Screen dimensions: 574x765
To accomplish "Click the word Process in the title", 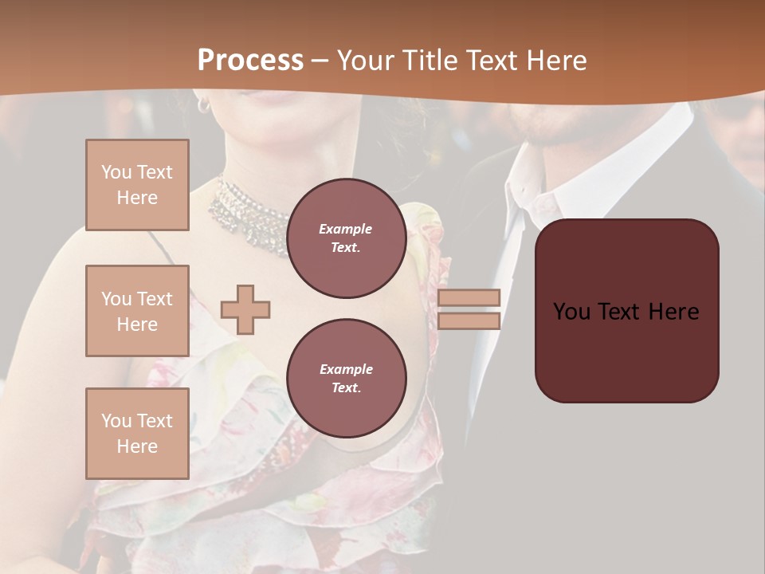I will [x=250, y=60].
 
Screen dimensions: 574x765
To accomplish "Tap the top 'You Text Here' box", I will [x=137, y=185].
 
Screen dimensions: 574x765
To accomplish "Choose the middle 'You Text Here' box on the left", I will [x=137, y=311].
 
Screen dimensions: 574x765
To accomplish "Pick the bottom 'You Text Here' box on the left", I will [x=137, y=433].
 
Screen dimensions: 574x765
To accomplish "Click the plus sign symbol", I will [x=245, y=309].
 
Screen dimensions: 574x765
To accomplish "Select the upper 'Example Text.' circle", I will [x=346, y=238].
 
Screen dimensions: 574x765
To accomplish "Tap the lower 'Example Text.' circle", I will [x=346, y=378].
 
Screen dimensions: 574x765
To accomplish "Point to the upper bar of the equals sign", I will [x=469, y=297].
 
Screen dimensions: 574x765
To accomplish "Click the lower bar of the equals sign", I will [x=469, y=320].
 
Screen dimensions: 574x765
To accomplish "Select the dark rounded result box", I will [x=626, y=310].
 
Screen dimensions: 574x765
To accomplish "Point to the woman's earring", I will [x=203, y=104].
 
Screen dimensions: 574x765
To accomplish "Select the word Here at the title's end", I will [x=557, y=60].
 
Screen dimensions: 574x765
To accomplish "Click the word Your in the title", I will [x=366, y=60].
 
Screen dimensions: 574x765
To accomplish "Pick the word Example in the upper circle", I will [x=346, y=229].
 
